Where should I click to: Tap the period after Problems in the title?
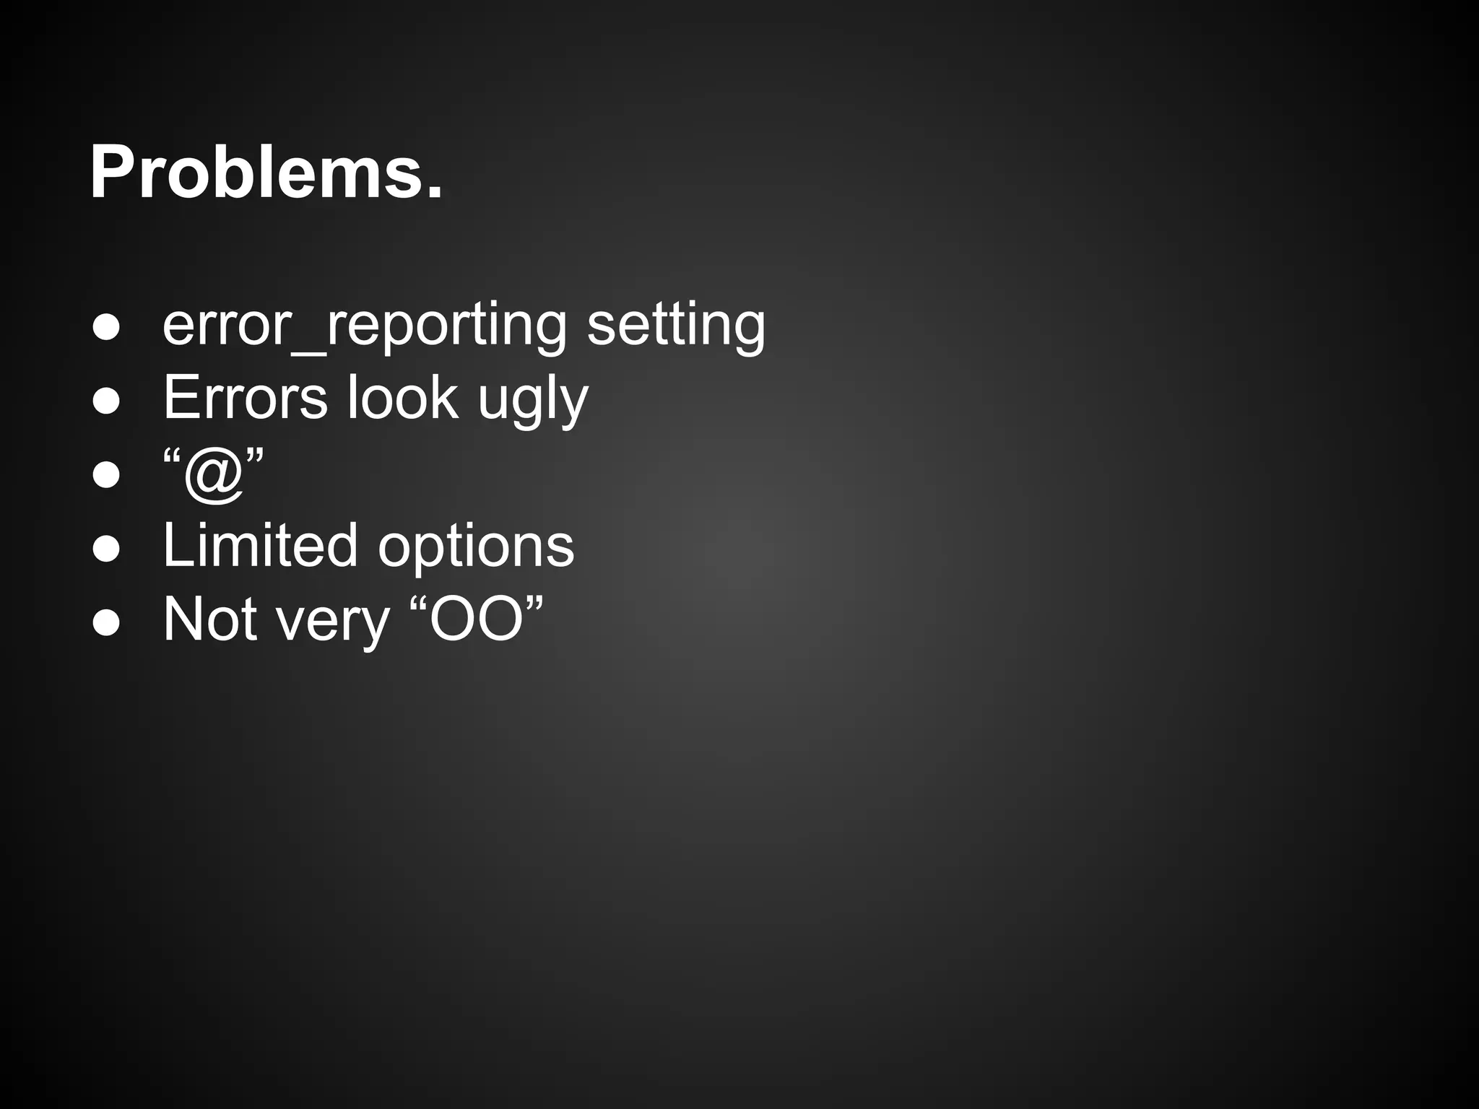(434, 192)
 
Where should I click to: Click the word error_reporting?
(365, 326)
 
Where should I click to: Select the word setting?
(676, 326)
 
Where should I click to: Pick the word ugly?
(533, 401)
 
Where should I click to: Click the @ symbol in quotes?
(213, 474)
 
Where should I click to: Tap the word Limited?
(260, 545)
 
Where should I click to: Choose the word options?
(476, 547)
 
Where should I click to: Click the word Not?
(210, 619)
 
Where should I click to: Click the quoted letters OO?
(476, 619)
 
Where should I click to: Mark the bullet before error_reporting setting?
(106, 327)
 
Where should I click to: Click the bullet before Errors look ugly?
(106, 401)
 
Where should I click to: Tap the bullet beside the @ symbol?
(106, 475)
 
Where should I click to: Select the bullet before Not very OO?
(106, 622)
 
